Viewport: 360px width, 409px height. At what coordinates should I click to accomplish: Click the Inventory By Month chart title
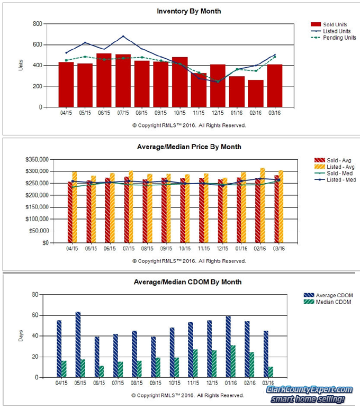pos(189,11)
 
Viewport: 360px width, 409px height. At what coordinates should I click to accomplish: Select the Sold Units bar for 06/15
pos(104,80)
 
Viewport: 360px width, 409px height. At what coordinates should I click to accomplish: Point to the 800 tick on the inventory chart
pos(37,24)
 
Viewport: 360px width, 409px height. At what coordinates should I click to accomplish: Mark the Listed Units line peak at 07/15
pos(123,37)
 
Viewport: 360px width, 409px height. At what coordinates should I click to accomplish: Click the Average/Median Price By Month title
pos(189,147)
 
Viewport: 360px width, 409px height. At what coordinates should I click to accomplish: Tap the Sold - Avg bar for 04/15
pos(70,212)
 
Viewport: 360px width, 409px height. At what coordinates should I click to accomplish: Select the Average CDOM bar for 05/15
pos(78,344)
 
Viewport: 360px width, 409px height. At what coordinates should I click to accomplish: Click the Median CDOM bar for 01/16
pos(233,361)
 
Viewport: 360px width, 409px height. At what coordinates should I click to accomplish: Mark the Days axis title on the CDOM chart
pos(21,335)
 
